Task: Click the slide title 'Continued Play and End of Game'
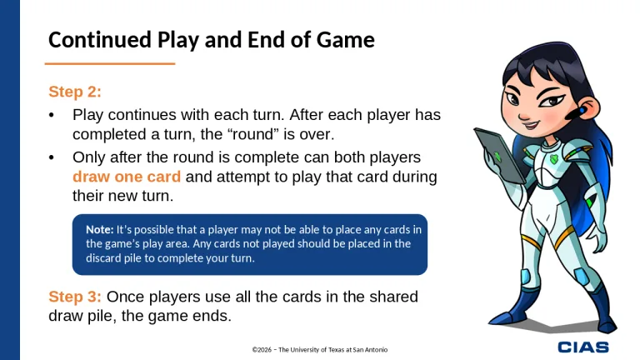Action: tap(211, 40)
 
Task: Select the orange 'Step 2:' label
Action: tap(75, 92)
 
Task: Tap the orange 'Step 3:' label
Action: tap(75, 297)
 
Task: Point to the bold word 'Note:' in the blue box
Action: tap(99, 228)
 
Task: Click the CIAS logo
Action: tap(582, 347)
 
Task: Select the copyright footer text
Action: tap(319, 349)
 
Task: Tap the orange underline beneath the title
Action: tap(109, 63)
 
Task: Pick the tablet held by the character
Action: tap(500, 155)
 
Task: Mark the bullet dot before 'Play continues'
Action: tap(52, 115)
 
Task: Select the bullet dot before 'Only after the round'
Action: tap(52, 157)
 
